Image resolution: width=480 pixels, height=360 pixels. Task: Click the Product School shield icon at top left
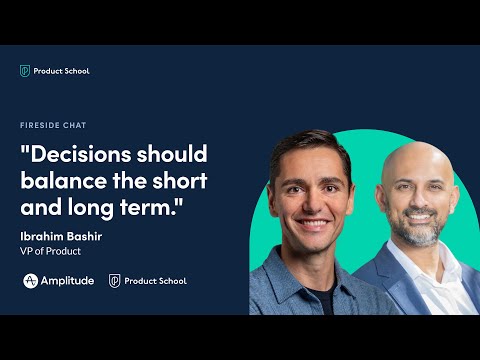tap(25, 71)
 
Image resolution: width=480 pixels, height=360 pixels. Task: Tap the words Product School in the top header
tap(62, 71)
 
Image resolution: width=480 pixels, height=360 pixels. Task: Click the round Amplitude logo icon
tap(31, 281)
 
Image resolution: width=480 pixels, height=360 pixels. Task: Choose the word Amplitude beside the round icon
tap(68, 281)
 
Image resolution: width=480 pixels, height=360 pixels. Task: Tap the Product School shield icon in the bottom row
tap(115, 281)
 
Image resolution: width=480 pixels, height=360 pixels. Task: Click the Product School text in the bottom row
tap(156, 281)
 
